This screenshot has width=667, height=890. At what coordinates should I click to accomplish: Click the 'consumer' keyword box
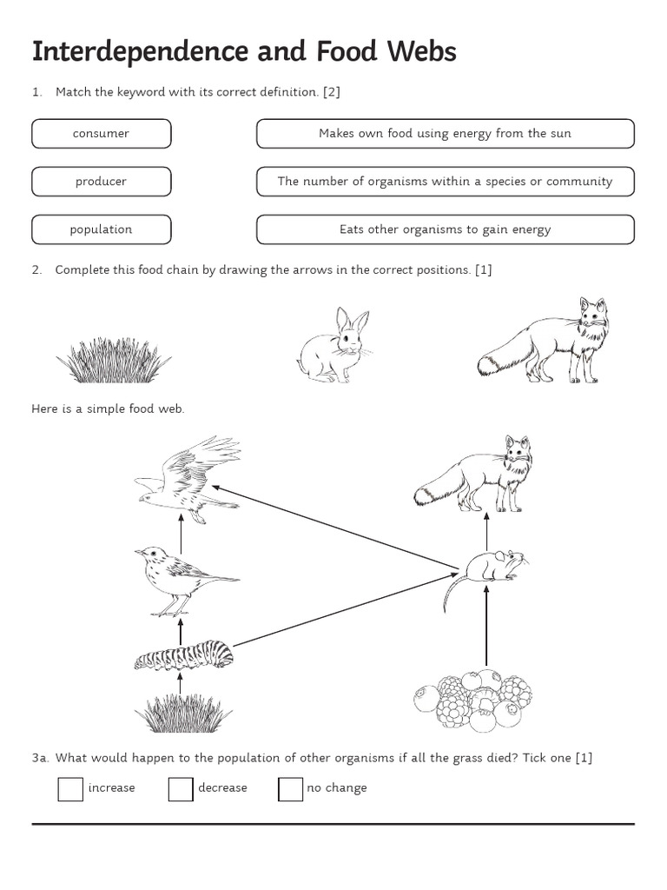coord(102,134)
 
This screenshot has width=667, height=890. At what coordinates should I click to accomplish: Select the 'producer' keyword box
coord(102,182)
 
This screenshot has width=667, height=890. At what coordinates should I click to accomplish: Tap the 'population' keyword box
coord(102,229)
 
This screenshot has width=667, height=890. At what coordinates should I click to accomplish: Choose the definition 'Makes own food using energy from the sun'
coord(445,134)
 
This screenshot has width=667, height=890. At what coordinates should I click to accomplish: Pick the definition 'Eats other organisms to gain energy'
coord(445,229)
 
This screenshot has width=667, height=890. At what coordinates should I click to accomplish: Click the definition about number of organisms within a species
coord(445,182)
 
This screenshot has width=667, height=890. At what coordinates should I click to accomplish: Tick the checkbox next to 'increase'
coord(70,788)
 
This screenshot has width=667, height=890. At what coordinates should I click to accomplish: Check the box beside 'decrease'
coord(181,788)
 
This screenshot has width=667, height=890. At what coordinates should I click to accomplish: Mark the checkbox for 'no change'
coord(290,788)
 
